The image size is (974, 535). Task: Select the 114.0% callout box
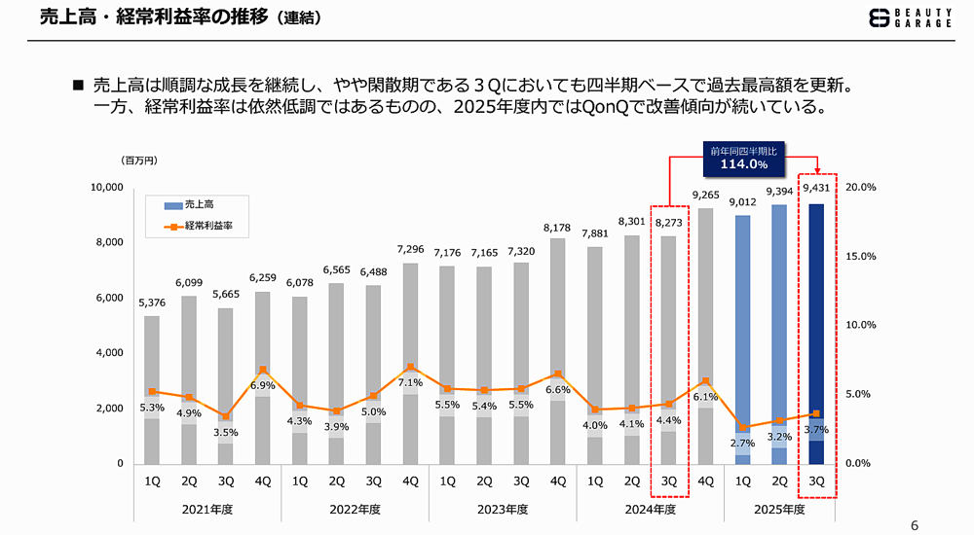[744, 159]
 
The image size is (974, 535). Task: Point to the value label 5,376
[152, 303]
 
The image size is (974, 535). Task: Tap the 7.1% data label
[411, 383]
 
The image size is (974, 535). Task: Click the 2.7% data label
[743, 443]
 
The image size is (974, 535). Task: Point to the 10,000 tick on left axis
[106, 187]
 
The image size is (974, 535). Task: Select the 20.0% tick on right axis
[862, 187]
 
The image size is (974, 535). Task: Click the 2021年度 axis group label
[206, 509]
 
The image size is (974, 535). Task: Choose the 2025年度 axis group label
[780, 509]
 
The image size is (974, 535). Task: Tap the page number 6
[914, 525]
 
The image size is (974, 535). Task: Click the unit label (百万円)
[138, 159]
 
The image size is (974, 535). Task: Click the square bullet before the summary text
[79, 86]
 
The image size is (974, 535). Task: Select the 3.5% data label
[226, 432]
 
